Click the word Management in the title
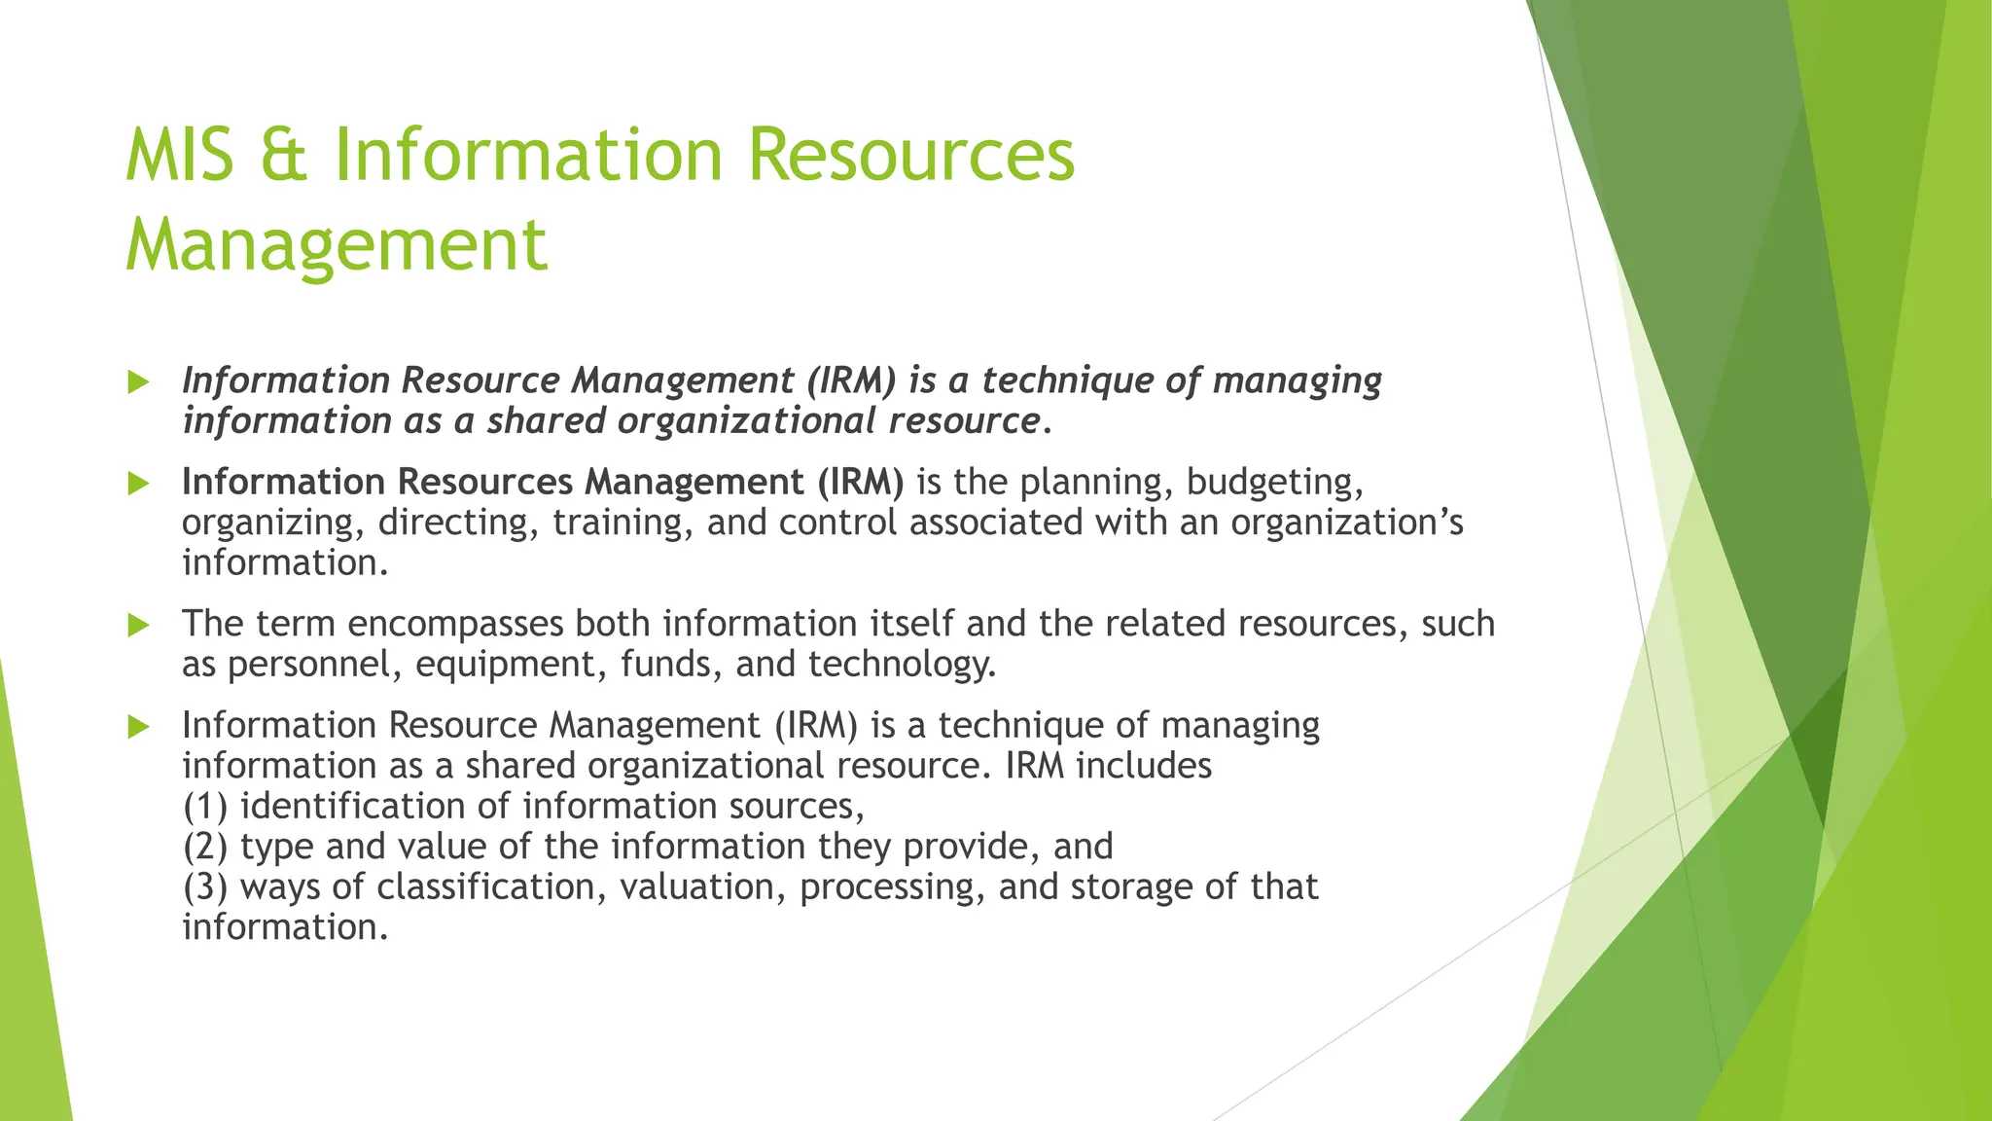(337, 244)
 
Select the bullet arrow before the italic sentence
(139, 382)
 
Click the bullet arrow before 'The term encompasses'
(139, 625)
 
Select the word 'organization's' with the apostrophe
(1346, 524)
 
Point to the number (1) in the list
(204, 807)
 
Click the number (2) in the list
(204, 848)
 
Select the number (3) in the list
(204, 887)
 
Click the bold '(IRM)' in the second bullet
(860, 483)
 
